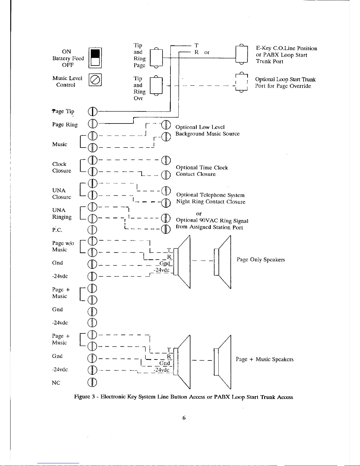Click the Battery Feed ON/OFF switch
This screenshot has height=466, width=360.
[x=95, y=58]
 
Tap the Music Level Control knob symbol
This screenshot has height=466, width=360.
[x=95, y=80]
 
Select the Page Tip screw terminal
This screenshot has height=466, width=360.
[x=92, y=111]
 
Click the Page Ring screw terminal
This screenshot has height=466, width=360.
[x=92, y=123]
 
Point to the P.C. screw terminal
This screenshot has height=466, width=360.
[x=92, y=230]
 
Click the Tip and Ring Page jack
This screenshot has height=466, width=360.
[x=156, y=58]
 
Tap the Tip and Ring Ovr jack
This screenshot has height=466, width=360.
[x=156, y=86]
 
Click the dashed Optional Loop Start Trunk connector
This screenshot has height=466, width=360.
[x=241, y=82]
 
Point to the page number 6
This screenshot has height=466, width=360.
[x=184, y=418]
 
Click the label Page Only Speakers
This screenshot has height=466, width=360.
[x=261, y=260]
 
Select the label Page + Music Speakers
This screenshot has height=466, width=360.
[x=264, y=359]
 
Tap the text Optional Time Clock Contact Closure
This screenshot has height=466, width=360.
[x=202, y=171]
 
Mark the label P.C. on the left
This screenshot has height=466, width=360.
[x=57, y=230]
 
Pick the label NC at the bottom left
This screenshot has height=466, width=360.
[x=56, y=383]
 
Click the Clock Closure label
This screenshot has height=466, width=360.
[x=61, y=167]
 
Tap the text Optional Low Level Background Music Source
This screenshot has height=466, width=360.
[x=207, y=131]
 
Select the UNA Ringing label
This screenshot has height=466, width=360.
[x=62, y=214]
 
